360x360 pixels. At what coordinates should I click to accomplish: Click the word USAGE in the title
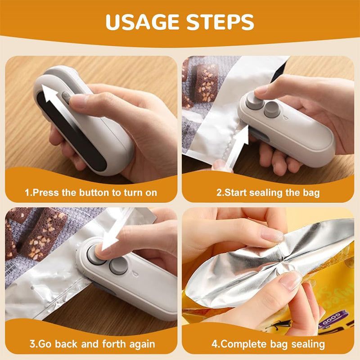point(142,22)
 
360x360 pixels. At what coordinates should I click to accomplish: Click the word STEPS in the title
point(220,22)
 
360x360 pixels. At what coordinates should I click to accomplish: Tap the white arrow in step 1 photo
point(53,101)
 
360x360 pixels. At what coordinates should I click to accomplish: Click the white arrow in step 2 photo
point(237,144)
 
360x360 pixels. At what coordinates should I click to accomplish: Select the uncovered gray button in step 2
point(272,109)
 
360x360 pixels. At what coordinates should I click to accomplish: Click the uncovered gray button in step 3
point(119,265)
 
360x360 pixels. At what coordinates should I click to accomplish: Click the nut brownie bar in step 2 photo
point(207,83)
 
